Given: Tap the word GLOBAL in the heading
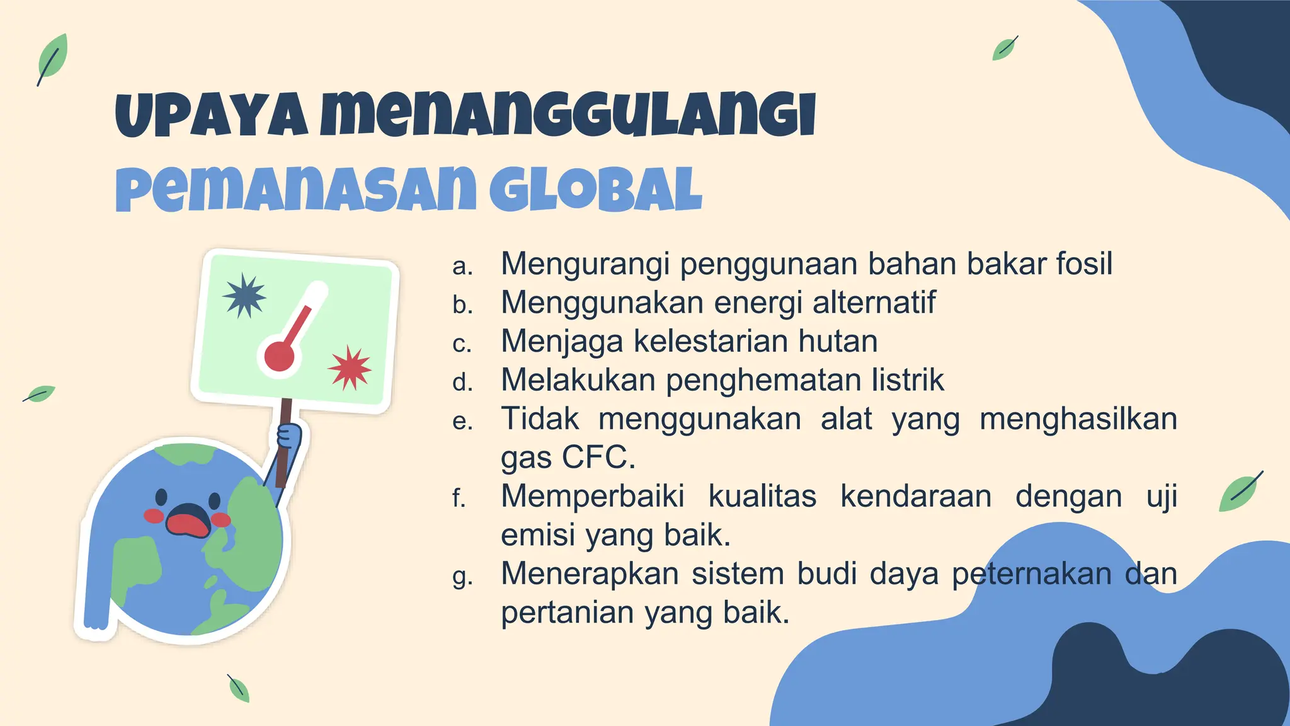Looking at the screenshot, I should (595, 190).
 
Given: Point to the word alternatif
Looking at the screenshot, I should (874, 302).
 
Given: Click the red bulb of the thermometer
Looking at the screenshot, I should (280, 356).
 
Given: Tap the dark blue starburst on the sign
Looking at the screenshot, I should (244, 296).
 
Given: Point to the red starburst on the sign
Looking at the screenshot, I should (350, 368).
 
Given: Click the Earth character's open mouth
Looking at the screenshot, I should (187, 521).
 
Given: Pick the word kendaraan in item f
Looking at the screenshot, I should (916, 497).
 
